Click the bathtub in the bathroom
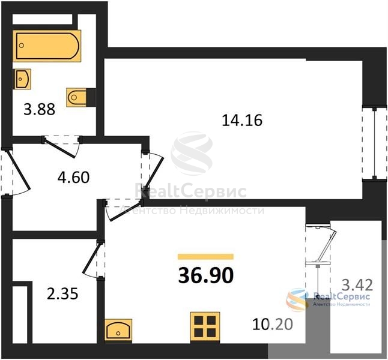pyautogui.click(x=47, y=46)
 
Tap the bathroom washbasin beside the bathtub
pyautogui.click(x=22, y=79)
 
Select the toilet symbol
pyautogui.click(x=77, y=97)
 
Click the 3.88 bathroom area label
pyautogui.click(x=40, y=109)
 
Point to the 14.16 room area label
pyautogui.click(x=242, y=121)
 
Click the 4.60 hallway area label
pyautogui.click(x=73, y=177)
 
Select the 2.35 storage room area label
pyautogui.click(x=62, y=293)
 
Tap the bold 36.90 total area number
pyautogui.click(x=205, y=275)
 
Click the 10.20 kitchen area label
pyautogui.click(x=273, y=324)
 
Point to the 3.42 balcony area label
pyautogui.click(x=357, y=284)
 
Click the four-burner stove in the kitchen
pyautogui.click(x=205, y=326)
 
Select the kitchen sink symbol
pyautogui.click(x=118, y=330)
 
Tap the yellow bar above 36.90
pyautogui.click(x=205, y=256)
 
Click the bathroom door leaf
pyautogui.click(x=59, y=149)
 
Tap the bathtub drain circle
pyautogui.click(x=22, y=45)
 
